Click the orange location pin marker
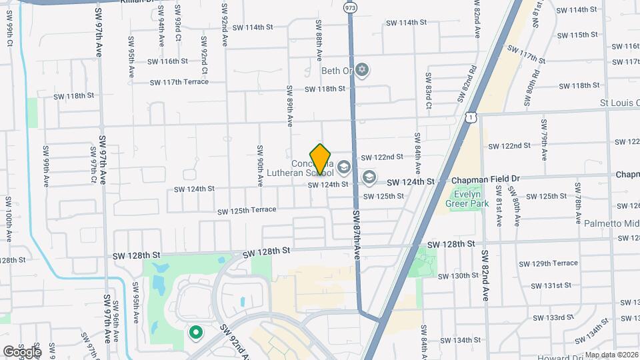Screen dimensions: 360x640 321,159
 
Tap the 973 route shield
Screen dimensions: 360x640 350,7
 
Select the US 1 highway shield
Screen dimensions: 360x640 472,117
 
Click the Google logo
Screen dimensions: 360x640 22,351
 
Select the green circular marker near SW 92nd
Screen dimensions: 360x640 195,331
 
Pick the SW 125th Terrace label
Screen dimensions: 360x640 246,210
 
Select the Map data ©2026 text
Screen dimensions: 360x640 611,355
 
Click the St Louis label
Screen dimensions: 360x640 619,103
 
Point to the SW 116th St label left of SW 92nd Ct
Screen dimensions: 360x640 165,61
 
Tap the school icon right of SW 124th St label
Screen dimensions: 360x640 369,178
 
